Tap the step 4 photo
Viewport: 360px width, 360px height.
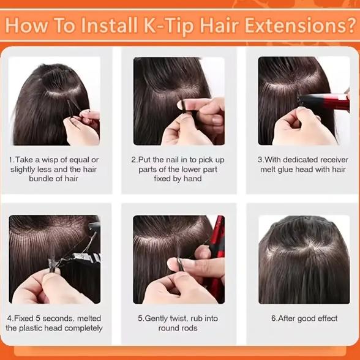coord(54,259)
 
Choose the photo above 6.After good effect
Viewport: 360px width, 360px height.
coord(304,259)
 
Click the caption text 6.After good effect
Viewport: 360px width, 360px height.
coord(304,318)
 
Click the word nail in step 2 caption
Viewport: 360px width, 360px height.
coord(171,160)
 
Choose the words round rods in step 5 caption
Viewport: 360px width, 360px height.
coord(179,328)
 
